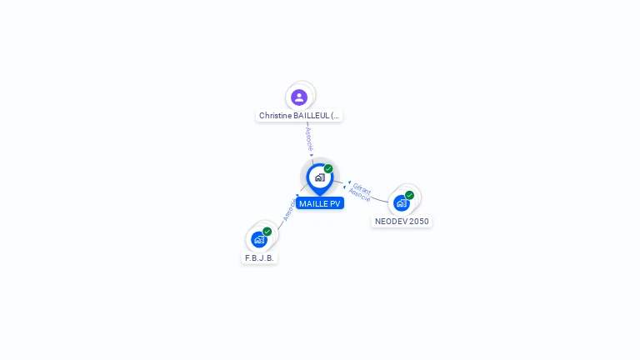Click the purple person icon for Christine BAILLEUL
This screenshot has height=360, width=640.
tap(299, 97)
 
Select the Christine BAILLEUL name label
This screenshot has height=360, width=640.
tap(299, 116)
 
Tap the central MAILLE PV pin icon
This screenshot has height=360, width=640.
tap(319, 177)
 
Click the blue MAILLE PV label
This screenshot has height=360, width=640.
tap(320, 203)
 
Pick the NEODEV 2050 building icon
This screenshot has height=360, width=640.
tap(402, 202)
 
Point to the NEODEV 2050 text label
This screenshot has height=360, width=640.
tap(402, 222)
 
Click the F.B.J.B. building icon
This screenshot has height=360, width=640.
tap(259, 239)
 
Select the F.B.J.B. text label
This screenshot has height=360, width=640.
tap(259, 258)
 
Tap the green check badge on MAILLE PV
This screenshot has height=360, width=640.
tap(328, 168)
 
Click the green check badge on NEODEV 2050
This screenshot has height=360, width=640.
tap(409, 195)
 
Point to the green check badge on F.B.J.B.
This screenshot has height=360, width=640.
tap(267, 232)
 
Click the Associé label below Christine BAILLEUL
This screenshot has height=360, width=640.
tap(308, 138)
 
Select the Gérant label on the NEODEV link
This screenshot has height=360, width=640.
tap(362, 187)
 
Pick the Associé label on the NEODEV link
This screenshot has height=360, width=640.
tap(359, 196)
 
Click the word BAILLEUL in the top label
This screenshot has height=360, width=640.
tap(311, 116)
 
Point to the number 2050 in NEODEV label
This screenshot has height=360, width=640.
tap(417, 222)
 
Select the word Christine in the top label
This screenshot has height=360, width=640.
tap(275, 116)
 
